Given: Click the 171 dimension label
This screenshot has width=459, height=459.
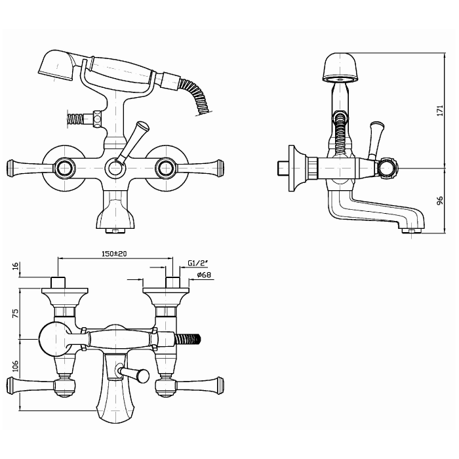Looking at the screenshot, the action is point(440,110).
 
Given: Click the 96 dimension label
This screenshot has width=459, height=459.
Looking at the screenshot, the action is point(440,201).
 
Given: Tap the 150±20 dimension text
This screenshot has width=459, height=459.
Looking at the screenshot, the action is point(114,254).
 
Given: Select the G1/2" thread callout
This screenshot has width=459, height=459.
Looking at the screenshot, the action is point(197,263).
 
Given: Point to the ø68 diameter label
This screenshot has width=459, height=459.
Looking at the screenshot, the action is point(204,275).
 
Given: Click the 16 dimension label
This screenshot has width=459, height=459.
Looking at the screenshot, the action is point(16,266).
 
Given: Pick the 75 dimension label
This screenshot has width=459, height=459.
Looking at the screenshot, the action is point(16,313).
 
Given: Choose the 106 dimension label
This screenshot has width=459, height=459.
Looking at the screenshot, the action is point(16,366).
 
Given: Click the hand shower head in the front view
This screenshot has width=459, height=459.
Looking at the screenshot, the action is point(57,65).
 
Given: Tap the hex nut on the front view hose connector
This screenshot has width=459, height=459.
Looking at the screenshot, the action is point(97,119).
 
